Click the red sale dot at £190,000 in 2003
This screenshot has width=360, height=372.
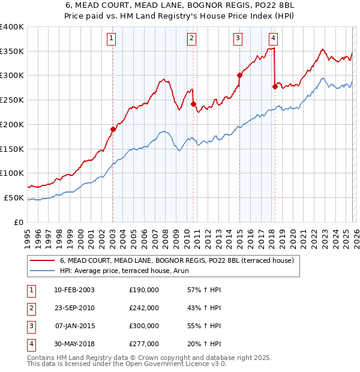click(113, 129)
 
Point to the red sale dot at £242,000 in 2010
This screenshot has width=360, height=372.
click(193, 104)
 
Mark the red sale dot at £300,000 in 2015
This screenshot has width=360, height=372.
click(239, 75)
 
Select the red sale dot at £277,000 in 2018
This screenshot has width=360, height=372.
click(275, 86)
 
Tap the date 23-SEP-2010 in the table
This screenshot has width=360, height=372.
click(74, 307)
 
